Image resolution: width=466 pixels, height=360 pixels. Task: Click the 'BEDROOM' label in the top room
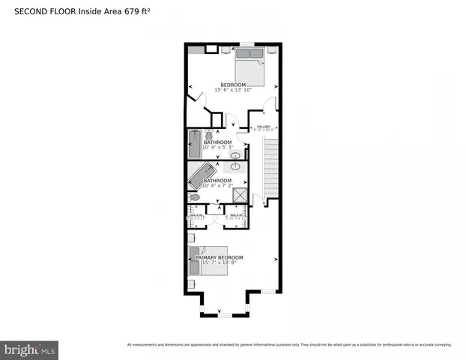pos(232,84)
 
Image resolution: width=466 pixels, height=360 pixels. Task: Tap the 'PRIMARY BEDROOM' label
pos(220,257)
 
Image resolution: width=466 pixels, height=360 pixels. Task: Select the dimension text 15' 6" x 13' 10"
pos(232,90)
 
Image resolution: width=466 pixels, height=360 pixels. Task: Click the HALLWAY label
pos(264,126)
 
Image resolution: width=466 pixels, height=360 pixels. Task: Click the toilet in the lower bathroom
pos(195,197)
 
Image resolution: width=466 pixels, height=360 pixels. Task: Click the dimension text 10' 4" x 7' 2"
pos(218,186)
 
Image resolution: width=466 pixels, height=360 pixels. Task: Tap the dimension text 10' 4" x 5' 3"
pos(218,148)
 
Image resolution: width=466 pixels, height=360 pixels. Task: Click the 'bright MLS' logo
pos(29,349)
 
